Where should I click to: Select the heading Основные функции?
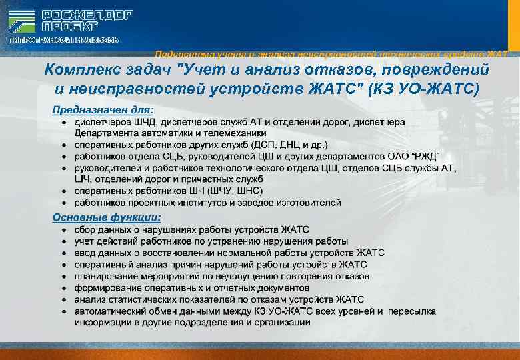click(107, 217)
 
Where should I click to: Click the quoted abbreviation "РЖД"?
click(425, 156)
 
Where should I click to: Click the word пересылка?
click(412, 311)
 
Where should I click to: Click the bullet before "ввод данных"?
click(64, 253)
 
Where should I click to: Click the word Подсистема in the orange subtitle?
click(176, 54)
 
